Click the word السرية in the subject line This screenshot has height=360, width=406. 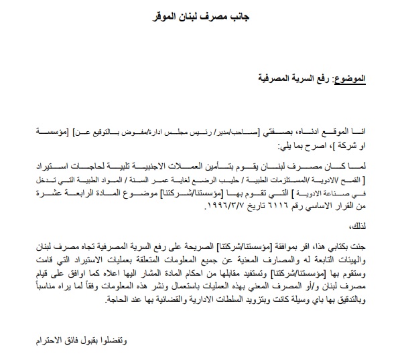(282, 78)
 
